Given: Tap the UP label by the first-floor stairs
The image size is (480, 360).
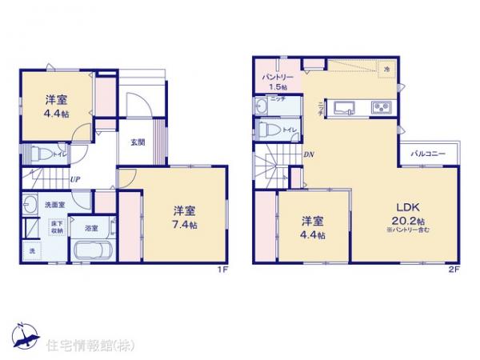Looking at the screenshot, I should pyautogui.click(x=73, y=178).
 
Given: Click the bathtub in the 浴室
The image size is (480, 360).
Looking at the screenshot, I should pyautogui.click(x=94, y=250).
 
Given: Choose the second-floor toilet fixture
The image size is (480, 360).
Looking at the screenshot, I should pyautogui.click(x=268, y=129).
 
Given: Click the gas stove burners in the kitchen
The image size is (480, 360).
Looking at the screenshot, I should pyautogui.click(x=379, y=109).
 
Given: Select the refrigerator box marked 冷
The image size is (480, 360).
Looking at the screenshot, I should pyautogui.click(x=386, y=70).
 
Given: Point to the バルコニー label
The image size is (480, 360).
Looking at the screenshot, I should pyautogui.click(x=427, y=152).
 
